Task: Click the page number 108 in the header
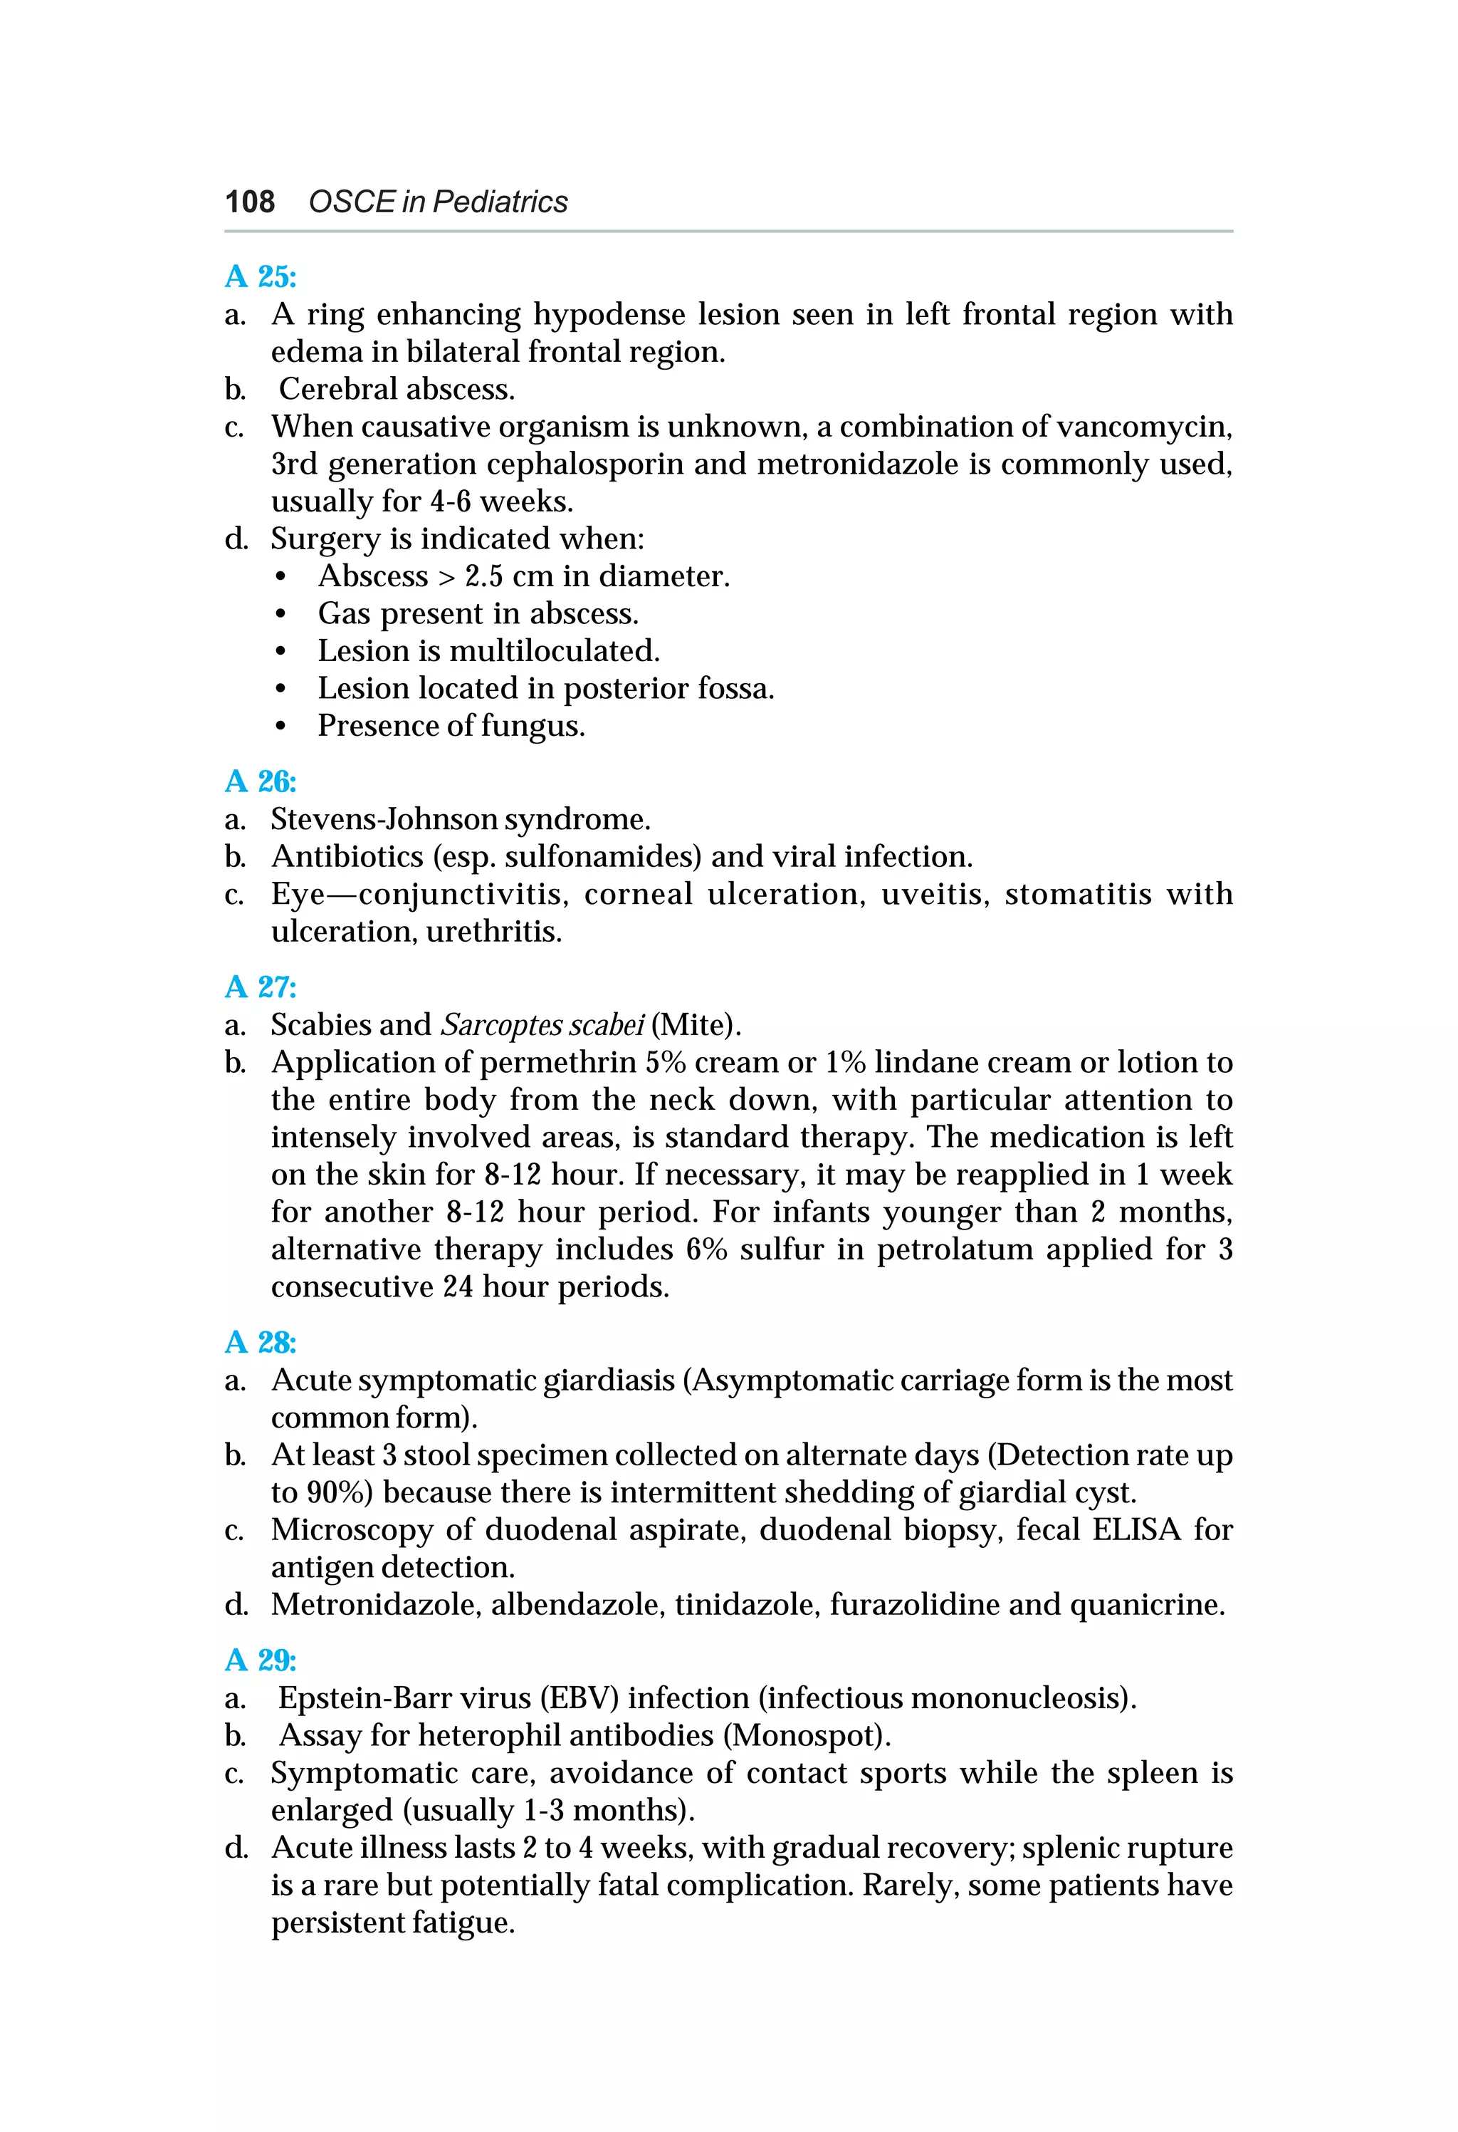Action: coord(249,202)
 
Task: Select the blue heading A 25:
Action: coord(261,276)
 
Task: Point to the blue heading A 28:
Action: coord(261,1342)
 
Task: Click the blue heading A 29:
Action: coord(261,1660)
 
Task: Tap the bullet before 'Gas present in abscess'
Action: coord(280,615)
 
